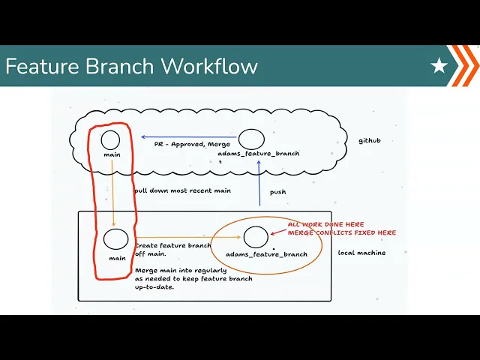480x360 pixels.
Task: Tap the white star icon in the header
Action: (x=439, y=67)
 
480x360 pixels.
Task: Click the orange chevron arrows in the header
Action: (x=466, y=66)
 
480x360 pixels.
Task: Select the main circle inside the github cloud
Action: (x=111, y=139)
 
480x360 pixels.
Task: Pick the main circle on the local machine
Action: (x=116, y=239)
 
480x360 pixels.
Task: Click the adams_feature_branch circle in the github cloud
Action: (x=251, y=139)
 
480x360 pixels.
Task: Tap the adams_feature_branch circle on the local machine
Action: (x=256, y=237)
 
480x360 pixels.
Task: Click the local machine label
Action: (x=361, y=253)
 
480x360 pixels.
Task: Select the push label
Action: (x=277, y=192)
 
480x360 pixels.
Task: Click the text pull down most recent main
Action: (x=182, y=190)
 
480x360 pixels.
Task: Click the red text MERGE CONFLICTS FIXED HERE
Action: (x=341, y=232)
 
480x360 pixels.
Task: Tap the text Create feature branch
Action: (x=172, y=245)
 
